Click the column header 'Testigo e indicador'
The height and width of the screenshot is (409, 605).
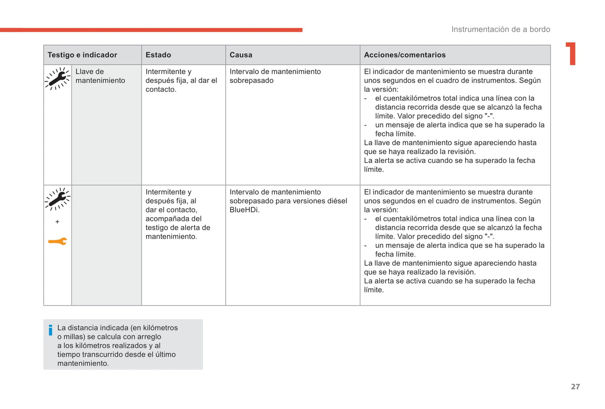click(82, 55)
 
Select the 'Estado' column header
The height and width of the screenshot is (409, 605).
click(158, 55)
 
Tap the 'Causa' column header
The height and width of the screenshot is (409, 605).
click(241, 55)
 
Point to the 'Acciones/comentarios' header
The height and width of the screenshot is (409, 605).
click(404, 55)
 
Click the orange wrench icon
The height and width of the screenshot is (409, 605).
click(57, 241)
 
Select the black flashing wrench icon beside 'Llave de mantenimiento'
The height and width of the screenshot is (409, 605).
click(57, 79)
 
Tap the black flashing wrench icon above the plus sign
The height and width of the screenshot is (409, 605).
click(57, 199)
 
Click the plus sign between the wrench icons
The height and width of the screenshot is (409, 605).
click(57, 221)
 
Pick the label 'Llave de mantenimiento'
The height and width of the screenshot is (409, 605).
click(100, 76)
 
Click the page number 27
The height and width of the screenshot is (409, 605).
click(575, 386)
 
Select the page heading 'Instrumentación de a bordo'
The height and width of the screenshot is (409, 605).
click(500, 29)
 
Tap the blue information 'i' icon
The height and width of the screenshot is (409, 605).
click(51, 330)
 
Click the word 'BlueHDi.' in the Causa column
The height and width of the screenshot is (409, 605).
click(245, 210)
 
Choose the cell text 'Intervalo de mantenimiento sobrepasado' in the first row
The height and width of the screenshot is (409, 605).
click(275, 76)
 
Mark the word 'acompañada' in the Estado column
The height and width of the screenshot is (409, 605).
click(165, 219)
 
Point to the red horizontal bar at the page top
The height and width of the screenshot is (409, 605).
click(151, 30)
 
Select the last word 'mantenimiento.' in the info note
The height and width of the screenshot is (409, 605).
click(83, 363)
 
